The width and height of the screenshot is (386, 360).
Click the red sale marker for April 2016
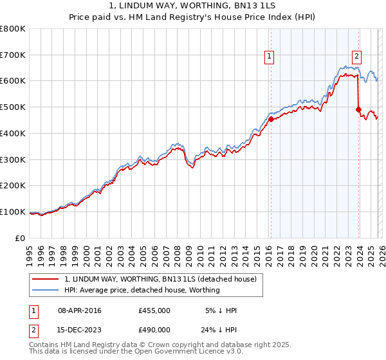(271, 119)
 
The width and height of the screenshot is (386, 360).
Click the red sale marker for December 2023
(358, 109)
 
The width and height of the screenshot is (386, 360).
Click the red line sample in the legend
(46, 279)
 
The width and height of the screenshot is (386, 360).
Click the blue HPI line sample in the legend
(46, 290)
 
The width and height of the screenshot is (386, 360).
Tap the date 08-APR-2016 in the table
(79, 310)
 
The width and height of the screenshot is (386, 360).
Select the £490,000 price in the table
(154, 329)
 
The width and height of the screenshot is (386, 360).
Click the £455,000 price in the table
(154, 310)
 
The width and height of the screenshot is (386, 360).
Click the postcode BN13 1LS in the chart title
(258, 6)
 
